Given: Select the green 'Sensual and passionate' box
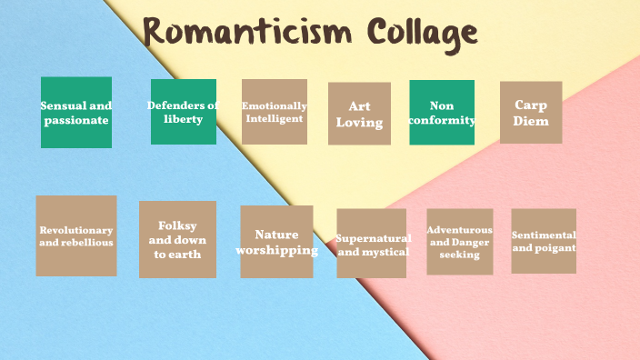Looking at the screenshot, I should point(76,113).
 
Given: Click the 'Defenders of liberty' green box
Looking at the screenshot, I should point(184,112).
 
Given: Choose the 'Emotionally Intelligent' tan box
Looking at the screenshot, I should point(275,112).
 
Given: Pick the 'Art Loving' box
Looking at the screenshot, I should point(359,114).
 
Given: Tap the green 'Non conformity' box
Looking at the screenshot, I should point(442,113).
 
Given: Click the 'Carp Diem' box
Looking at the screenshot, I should point(531,113).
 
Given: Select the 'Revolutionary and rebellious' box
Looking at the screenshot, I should point(76,236).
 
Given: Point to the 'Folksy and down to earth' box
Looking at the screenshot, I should point(177,240).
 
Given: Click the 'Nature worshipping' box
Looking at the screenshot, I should point(276,242).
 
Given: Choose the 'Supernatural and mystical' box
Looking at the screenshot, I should point(371,244).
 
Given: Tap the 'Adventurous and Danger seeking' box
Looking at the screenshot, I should point(460,242).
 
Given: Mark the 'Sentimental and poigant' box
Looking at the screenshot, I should point(544,241).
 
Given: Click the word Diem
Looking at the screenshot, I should point(531,121).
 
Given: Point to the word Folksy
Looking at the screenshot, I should point(177,225).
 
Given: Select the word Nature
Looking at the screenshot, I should point(276,235).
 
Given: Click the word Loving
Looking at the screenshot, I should point(359,122).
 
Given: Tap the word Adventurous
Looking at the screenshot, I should point(460,230).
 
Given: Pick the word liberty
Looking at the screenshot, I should point(184,119).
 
